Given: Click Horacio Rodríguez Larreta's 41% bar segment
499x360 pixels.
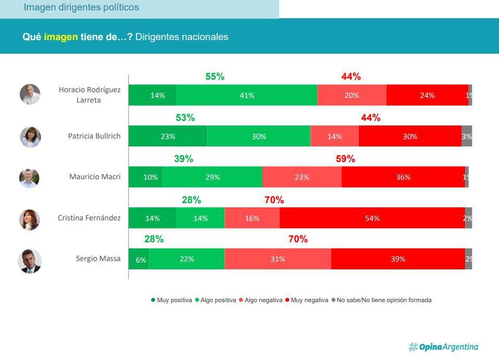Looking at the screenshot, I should click(247, 95).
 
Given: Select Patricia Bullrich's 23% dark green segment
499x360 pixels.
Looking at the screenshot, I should click(168, 136).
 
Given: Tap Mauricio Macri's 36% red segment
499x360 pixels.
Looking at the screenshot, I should click(403, 177).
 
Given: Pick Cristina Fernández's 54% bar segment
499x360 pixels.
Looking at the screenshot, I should click(372, 218).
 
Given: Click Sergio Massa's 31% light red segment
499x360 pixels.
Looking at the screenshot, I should click(278, 259).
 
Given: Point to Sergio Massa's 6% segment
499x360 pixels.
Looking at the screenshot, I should click(139, 259).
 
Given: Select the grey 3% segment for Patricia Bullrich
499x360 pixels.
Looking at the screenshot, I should click(467, 136).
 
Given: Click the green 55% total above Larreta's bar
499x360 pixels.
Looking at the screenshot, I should click(215, 77).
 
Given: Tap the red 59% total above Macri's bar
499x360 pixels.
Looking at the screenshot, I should click(345, 159).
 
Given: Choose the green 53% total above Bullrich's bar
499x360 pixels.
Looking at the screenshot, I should click(185, 118).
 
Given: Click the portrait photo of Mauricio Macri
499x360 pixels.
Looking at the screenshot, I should click(30, 178).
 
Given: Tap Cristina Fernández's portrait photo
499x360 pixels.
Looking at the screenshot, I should click(30, 219).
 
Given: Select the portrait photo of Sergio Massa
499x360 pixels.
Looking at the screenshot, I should click(30, 260).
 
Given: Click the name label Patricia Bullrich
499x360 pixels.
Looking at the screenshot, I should click(94, 136).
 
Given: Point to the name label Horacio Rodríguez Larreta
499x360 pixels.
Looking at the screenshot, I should click(89, 95).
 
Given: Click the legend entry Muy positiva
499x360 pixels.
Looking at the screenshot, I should click(171, 300).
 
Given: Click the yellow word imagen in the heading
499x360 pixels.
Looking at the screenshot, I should click(61, 37).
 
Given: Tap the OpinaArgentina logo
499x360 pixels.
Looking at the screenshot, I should click(443, 347).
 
